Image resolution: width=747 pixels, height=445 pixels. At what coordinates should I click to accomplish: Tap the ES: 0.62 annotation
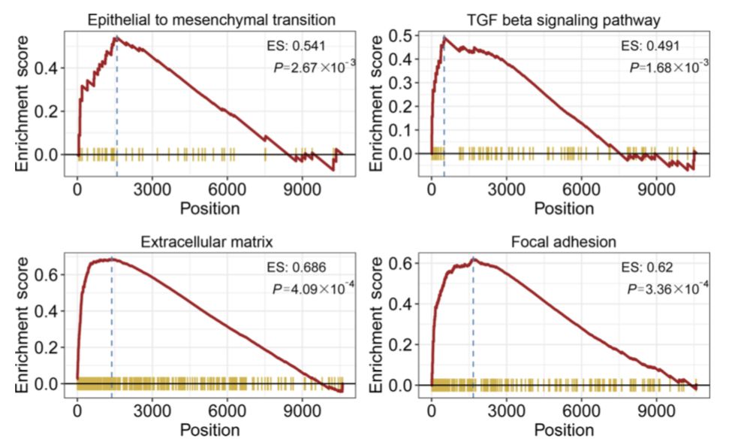coord(643,267)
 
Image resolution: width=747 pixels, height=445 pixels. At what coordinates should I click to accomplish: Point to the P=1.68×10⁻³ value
coord(668,66)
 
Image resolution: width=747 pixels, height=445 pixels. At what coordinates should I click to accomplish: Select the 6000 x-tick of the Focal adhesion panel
coord(583,412)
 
